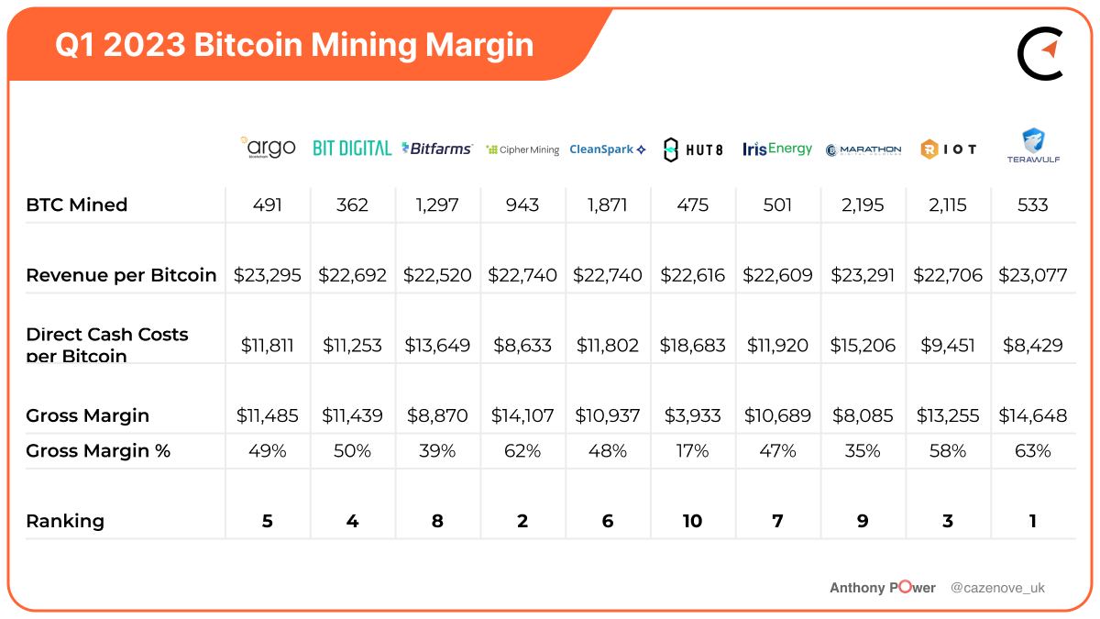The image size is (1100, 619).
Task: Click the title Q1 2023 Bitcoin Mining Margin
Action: point(294,45)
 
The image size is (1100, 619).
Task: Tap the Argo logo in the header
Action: point(268,148)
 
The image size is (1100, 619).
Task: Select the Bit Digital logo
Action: point(352,148)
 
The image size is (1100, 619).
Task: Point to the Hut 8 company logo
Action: point(693,149)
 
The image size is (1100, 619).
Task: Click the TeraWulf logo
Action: point(1033,146)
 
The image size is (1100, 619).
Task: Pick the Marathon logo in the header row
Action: point(863,149)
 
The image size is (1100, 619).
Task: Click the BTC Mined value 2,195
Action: point(863,205)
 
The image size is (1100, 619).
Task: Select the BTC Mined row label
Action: point(77,205)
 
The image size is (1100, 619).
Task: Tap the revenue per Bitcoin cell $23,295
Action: point(268,275)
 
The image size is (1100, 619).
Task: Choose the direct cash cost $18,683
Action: point(693,346)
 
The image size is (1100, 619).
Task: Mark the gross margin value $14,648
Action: point(1033,415)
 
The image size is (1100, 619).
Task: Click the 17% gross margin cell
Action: point(693,451)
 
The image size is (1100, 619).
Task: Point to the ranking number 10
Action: point(693,521)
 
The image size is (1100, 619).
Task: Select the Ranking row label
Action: point(65,521)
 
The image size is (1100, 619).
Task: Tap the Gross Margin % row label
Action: point(98,451)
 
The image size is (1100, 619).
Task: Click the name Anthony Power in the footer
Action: point(883,588)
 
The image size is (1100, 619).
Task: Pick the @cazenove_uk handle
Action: point(997,588)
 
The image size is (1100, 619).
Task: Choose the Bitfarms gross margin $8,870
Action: point(437,415)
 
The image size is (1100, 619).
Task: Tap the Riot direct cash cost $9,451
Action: point(948,346)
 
